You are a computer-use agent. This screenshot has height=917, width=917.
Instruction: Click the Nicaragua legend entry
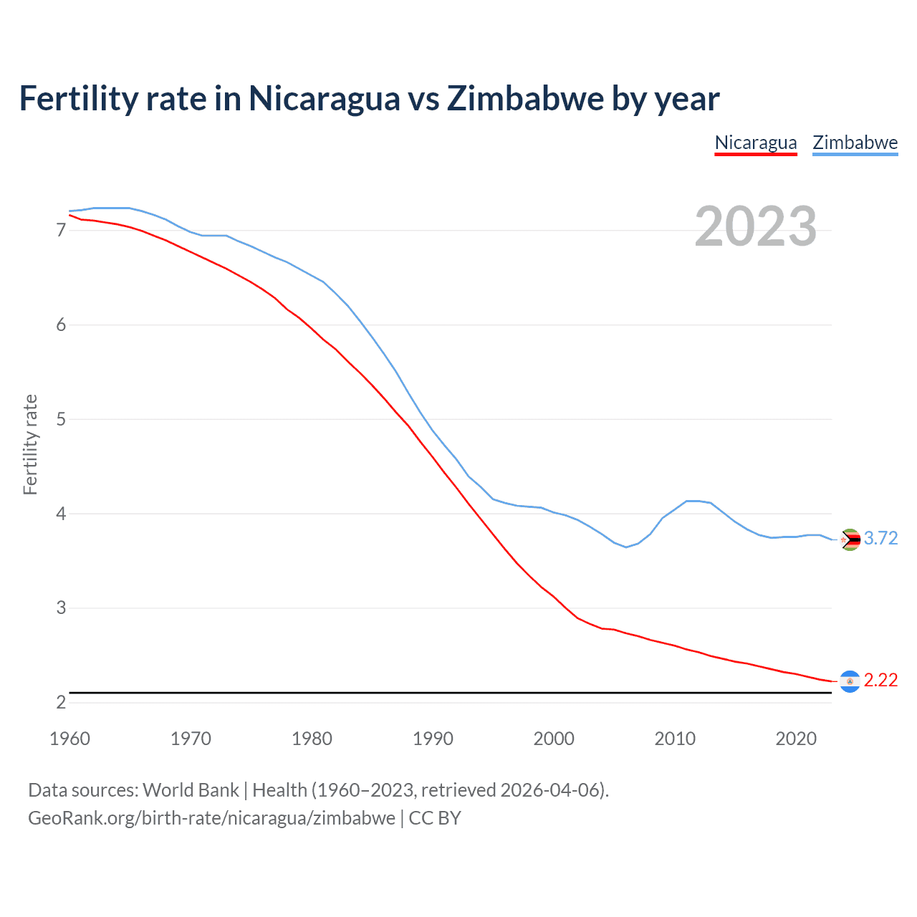pos(756,143)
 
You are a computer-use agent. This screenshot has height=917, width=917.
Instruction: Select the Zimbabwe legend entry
pos(855,143)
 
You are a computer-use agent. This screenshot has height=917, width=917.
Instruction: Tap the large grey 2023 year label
pos(755,226)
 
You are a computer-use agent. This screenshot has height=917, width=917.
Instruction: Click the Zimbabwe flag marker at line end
pos(850,539)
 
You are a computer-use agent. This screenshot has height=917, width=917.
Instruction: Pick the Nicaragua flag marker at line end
pos(850,681)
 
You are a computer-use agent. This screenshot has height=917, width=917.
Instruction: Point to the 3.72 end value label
pos(880,539)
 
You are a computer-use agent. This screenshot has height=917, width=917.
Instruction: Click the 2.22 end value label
pos(880,681)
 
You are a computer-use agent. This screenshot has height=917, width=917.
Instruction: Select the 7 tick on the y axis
pos(61,231)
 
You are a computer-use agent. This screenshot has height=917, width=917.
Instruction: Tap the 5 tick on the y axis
pos(61,419)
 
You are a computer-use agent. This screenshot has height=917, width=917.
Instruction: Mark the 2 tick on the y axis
pos(61,703)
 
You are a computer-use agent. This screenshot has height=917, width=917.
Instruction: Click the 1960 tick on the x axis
pos(69,739)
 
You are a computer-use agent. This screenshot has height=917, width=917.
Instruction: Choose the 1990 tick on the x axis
pos(433,739)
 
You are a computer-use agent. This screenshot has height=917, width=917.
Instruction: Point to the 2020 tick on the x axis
pos(796,739)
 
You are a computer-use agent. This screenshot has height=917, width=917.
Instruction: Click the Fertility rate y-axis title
pos(30,444)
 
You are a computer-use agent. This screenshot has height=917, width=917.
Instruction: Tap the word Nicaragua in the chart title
pos(324,98)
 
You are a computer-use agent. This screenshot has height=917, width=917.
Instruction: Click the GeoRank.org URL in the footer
pos(211,818)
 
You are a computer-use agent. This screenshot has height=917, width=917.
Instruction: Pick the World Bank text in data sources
pos(191,790)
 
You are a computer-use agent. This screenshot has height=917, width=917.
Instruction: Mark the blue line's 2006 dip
pos(626,547)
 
